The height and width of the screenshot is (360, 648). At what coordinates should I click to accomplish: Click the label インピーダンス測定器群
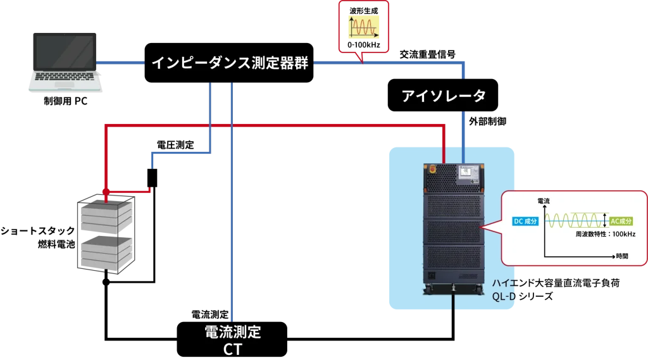click(230, 63)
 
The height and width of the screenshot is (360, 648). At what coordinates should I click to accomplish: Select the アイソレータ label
click(444, 96)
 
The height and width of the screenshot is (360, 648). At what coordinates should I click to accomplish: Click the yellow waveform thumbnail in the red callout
click(362, 28)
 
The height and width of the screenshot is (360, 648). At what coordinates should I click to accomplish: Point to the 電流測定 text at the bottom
click(232, 332)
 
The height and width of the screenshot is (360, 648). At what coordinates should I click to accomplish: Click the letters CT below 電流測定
click(232, 349)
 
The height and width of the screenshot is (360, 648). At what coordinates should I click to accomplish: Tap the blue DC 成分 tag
click(525, 221)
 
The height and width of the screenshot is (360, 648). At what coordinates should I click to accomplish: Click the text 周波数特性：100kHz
click(606, 234)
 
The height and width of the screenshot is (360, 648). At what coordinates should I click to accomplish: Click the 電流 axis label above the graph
click(544, 201)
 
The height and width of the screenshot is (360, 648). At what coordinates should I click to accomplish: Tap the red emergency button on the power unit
click(433, 169)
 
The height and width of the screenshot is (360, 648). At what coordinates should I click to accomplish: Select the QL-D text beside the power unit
click(506, 295)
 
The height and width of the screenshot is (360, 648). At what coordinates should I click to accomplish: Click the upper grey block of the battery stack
click(106, 215)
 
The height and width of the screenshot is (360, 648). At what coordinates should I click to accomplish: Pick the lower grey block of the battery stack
click(106, 252)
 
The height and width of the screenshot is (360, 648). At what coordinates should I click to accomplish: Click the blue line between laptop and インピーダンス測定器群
click(120, 63)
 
